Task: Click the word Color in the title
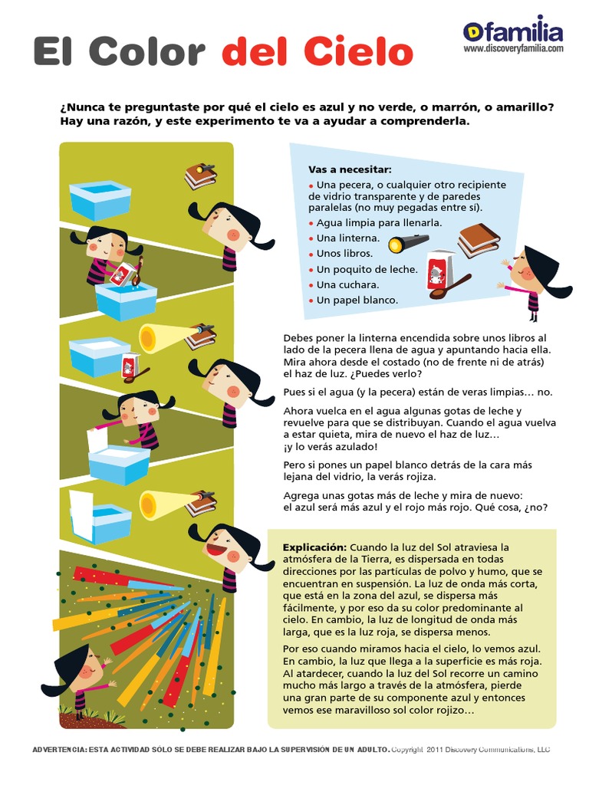click(x=147, y=51)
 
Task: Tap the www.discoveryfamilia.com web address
click(x=513, y=48)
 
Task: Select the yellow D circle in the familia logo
click(x=472, y=32)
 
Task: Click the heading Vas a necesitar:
click(x=350, y=169)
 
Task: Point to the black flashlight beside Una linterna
click(x=408, y=242)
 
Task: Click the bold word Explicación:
click(x=314, y=547)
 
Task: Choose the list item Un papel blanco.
click(x=357, y=301)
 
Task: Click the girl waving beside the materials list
click(x=533, y=281)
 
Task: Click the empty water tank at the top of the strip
click(x=100, y=200)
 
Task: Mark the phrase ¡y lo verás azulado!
click(x=331, y=447)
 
